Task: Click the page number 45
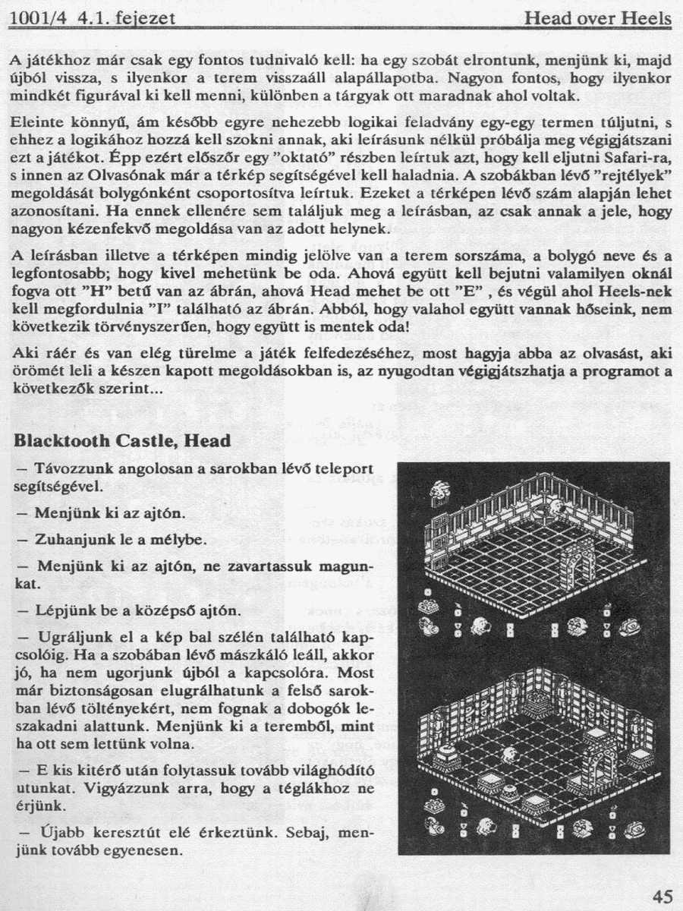tap(661, 896)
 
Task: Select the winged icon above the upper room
tap(438, 492)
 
